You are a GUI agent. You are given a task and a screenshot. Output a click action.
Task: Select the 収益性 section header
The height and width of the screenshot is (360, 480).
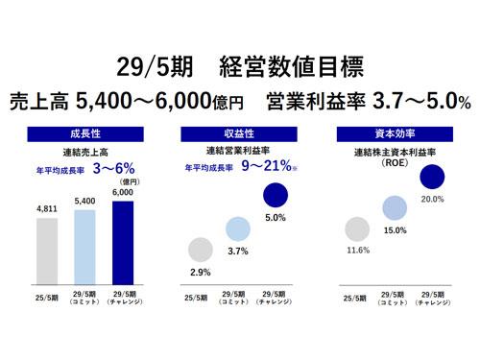pos(239,135)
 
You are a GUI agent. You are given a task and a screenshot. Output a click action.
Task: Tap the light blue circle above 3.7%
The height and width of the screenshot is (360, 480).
pos(238,228)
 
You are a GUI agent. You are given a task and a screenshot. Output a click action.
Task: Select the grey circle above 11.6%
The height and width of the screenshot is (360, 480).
pos(356,230)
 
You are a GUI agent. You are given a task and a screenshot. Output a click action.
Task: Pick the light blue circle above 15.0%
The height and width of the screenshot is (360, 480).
pos(395,206)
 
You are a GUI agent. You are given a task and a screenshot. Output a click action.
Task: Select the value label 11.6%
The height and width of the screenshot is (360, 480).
pos(356,251)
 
